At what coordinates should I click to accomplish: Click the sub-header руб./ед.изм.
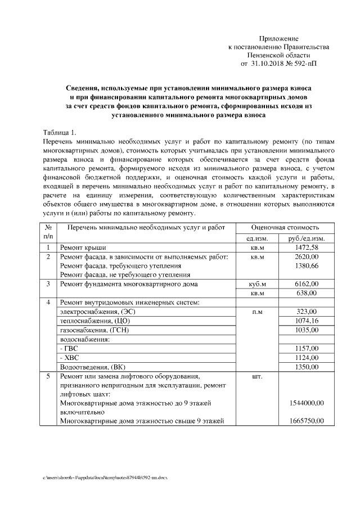point(307,239)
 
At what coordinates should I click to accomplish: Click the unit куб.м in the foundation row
point(256,284)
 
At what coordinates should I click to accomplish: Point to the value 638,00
point(307,293)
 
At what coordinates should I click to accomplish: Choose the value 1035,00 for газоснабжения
point(307,330)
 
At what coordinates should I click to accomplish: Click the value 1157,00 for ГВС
point(307,348)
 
